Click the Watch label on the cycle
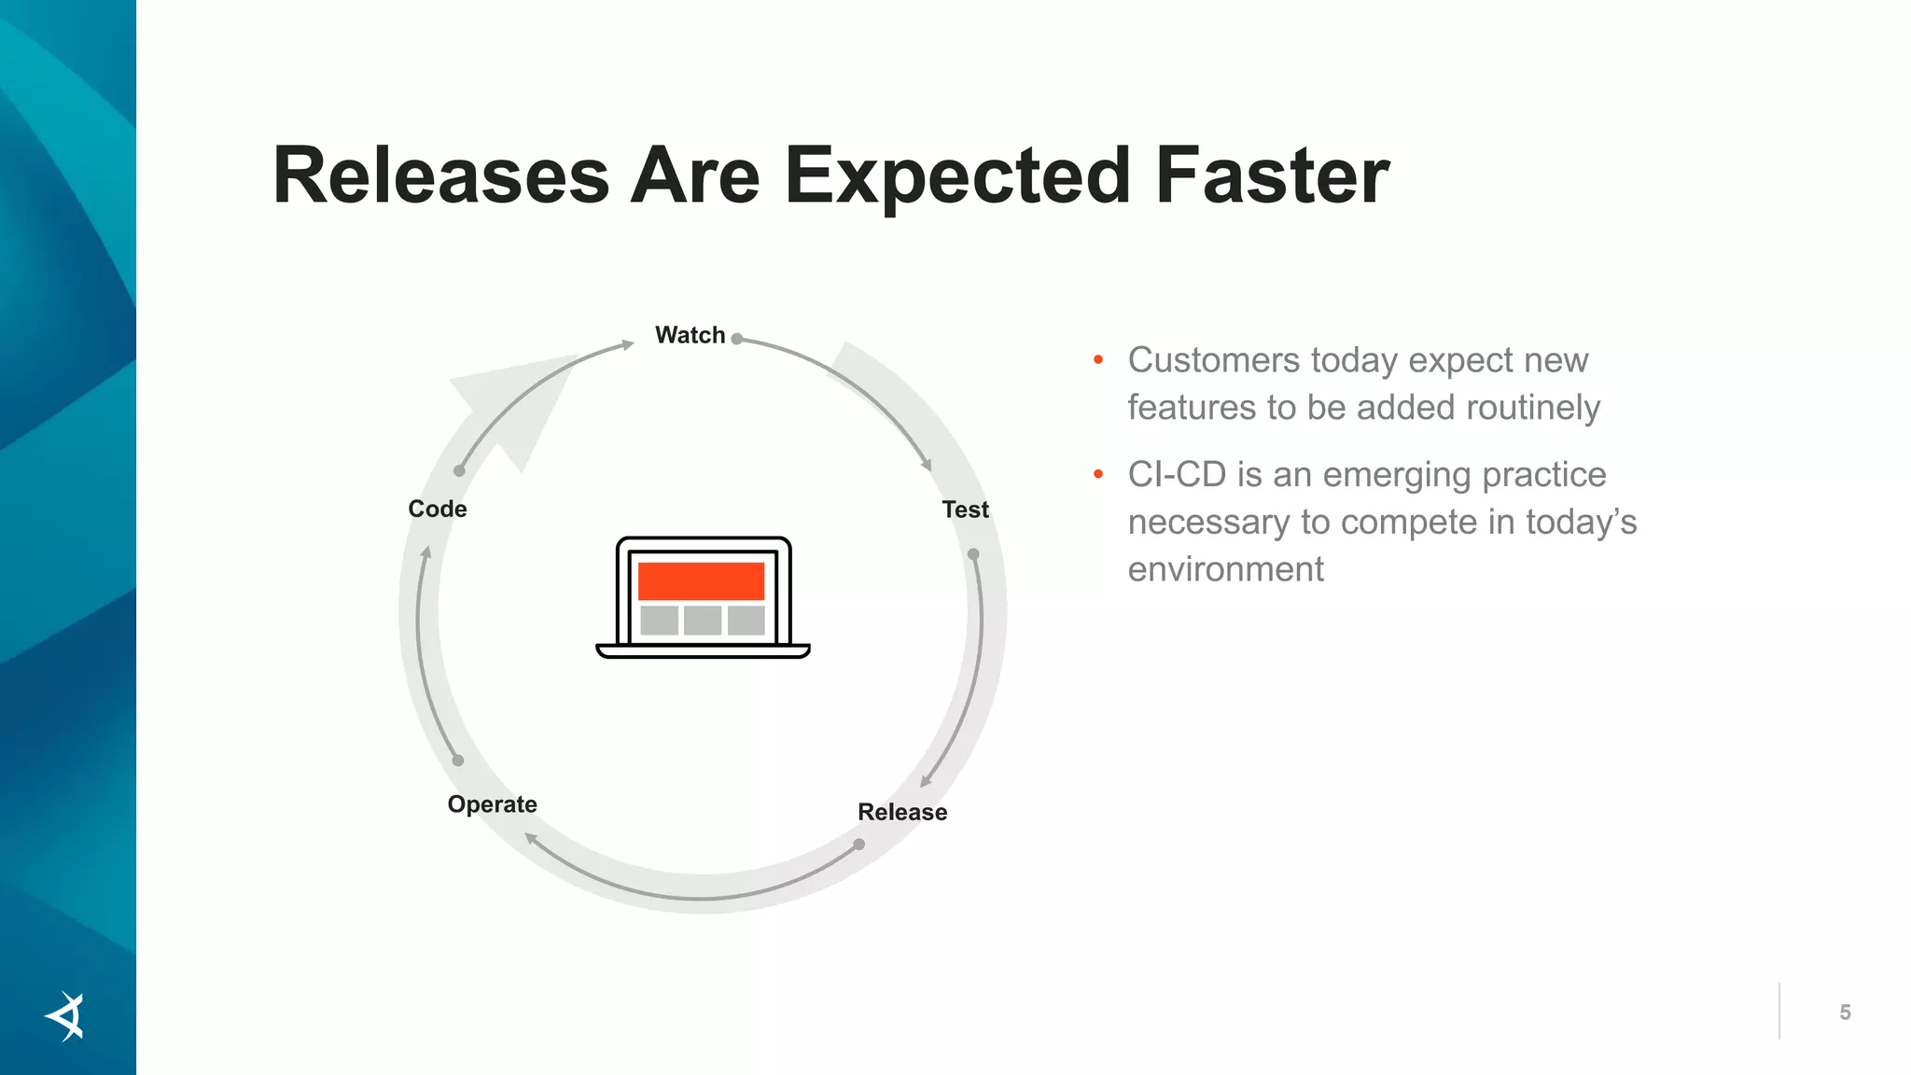pyautogui.click(x=690, y=335)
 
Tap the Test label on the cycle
pyautogui.click(x=965, y=510)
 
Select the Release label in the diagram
pyautogui.click(x=902, y=812)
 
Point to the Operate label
pyautogui.click(x=492, y=804)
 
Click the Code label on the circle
pyautogui.click(x=437, y=509)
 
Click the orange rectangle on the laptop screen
pyautogui.click(x=701, y=580)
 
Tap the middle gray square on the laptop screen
pyautogui.click(x=702, y=620)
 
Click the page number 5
pyautogui.click(x=1845, y=1012)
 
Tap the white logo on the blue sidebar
pyautogui.click(x=66, y=1016)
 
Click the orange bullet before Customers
pyautogui.click(x=1098, y=359)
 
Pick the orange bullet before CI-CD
pyautogui.click(x=1098, y=474)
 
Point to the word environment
pyautogui.click(x=1225, y=569)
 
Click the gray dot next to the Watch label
pyautogui.click(x=737, y=339)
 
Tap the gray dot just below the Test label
pyautogui.click(x=973, y=554)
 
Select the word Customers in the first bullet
pyautogui.click(x=1213, y=360)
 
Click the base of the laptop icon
pyautogui.click(x=703, y=651)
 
